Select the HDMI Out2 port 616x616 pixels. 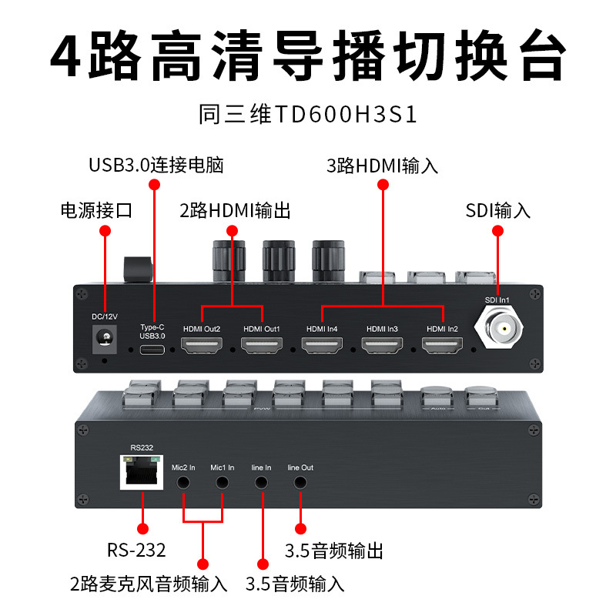202,346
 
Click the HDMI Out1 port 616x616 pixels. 262,346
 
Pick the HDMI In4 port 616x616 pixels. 322,346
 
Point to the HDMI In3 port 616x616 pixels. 383,346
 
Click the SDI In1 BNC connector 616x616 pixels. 504,328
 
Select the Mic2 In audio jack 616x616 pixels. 185,483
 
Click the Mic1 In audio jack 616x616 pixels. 223,483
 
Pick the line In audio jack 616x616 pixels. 262,483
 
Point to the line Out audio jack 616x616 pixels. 300,483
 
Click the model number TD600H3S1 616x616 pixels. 308,115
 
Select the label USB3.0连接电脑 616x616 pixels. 156,165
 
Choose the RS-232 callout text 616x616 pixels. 136,551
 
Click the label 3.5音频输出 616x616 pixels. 334,551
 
